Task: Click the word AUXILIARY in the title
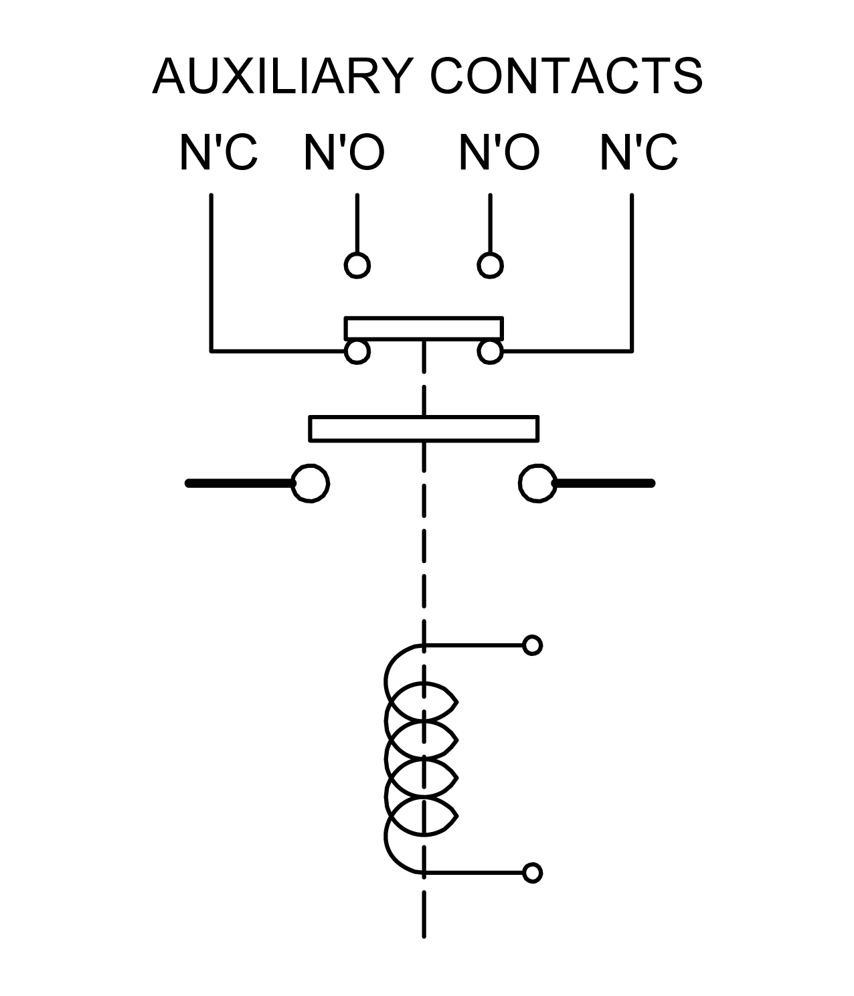click(283, 76)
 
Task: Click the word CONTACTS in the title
click(567, 76)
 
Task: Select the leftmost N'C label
click(218, 152)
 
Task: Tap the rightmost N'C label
click(639, 152)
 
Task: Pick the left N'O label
click(345, 152)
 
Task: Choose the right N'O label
click(499, 152)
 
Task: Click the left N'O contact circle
click(357, 266)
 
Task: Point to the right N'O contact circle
click(490, 266)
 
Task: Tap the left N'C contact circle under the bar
click(357, 351)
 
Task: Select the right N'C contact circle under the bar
click(490, 351)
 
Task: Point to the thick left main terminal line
click(240, 483)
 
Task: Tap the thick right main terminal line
click(604, 483)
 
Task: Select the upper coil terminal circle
click(533, 645)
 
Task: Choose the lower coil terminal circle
click(533, 873)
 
